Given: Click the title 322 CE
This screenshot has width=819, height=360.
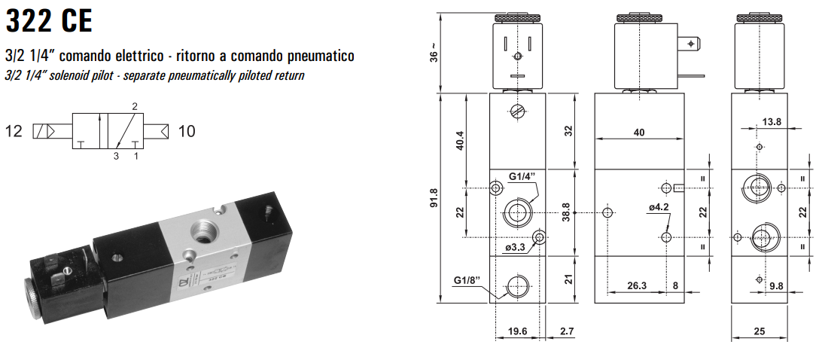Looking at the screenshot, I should (49, 21).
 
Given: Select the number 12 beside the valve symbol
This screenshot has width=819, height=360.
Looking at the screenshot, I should (14, 132).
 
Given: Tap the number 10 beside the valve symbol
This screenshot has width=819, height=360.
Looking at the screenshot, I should (186, 132).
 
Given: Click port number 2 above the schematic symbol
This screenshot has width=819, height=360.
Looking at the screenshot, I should (135, 105).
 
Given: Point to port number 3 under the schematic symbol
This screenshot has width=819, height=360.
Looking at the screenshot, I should (116, 157).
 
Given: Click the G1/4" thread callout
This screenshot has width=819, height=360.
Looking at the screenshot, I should (522, 176).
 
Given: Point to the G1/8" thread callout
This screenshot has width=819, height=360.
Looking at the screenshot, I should (467, 281).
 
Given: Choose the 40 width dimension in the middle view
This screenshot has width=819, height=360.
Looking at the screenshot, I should (639, 133).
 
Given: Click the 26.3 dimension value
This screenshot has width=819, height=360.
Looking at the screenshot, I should (637, 285).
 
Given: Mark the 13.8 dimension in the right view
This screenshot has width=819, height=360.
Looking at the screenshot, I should (772, 121).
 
